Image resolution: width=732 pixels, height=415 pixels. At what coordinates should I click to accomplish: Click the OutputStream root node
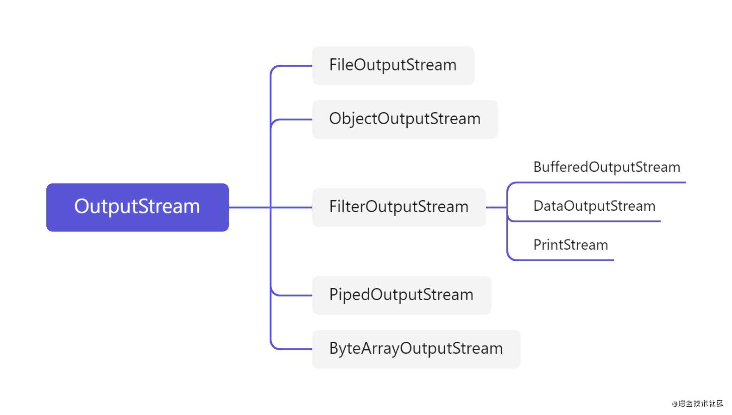137,207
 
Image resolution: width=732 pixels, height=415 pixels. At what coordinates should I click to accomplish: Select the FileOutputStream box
393,65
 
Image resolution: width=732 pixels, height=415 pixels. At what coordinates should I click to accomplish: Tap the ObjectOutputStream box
404,119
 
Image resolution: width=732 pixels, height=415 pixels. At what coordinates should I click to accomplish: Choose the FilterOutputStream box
398,207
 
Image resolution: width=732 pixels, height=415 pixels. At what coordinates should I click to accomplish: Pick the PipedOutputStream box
401,295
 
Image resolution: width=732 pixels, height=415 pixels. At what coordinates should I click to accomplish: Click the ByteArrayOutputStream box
416,349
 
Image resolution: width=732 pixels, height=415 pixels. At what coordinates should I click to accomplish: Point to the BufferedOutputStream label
606,167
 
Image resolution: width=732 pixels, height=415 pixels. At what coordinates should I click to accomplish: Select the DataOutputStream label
594,206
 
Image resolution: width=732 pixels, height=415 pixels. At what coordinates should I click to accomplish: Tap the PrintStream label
570,245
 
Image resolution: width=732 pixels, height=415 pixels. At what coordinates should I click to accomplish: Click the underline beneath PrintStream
570,260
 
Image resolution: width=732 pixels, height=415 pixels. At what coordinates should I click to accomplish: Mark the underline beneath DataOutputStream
593,221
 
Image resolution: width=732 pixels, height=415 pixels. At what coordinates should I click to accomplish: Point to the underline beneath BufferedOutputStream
602,182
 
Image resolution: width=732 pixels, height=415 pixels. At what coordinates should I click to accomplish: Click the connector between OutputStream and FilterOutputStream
250,207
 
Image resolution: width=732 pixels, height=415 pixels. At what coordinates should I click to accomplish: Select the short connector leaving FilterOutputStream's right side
496,207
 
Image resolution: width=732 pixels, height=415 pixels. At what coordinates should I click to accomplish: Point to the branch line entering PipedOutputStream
292,295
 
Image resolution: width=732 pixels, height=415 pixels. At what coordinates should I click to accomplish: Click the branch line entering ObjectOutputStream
292,119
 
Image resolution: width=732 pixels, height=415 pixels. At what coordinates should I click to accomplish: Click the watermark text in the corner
698,403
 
